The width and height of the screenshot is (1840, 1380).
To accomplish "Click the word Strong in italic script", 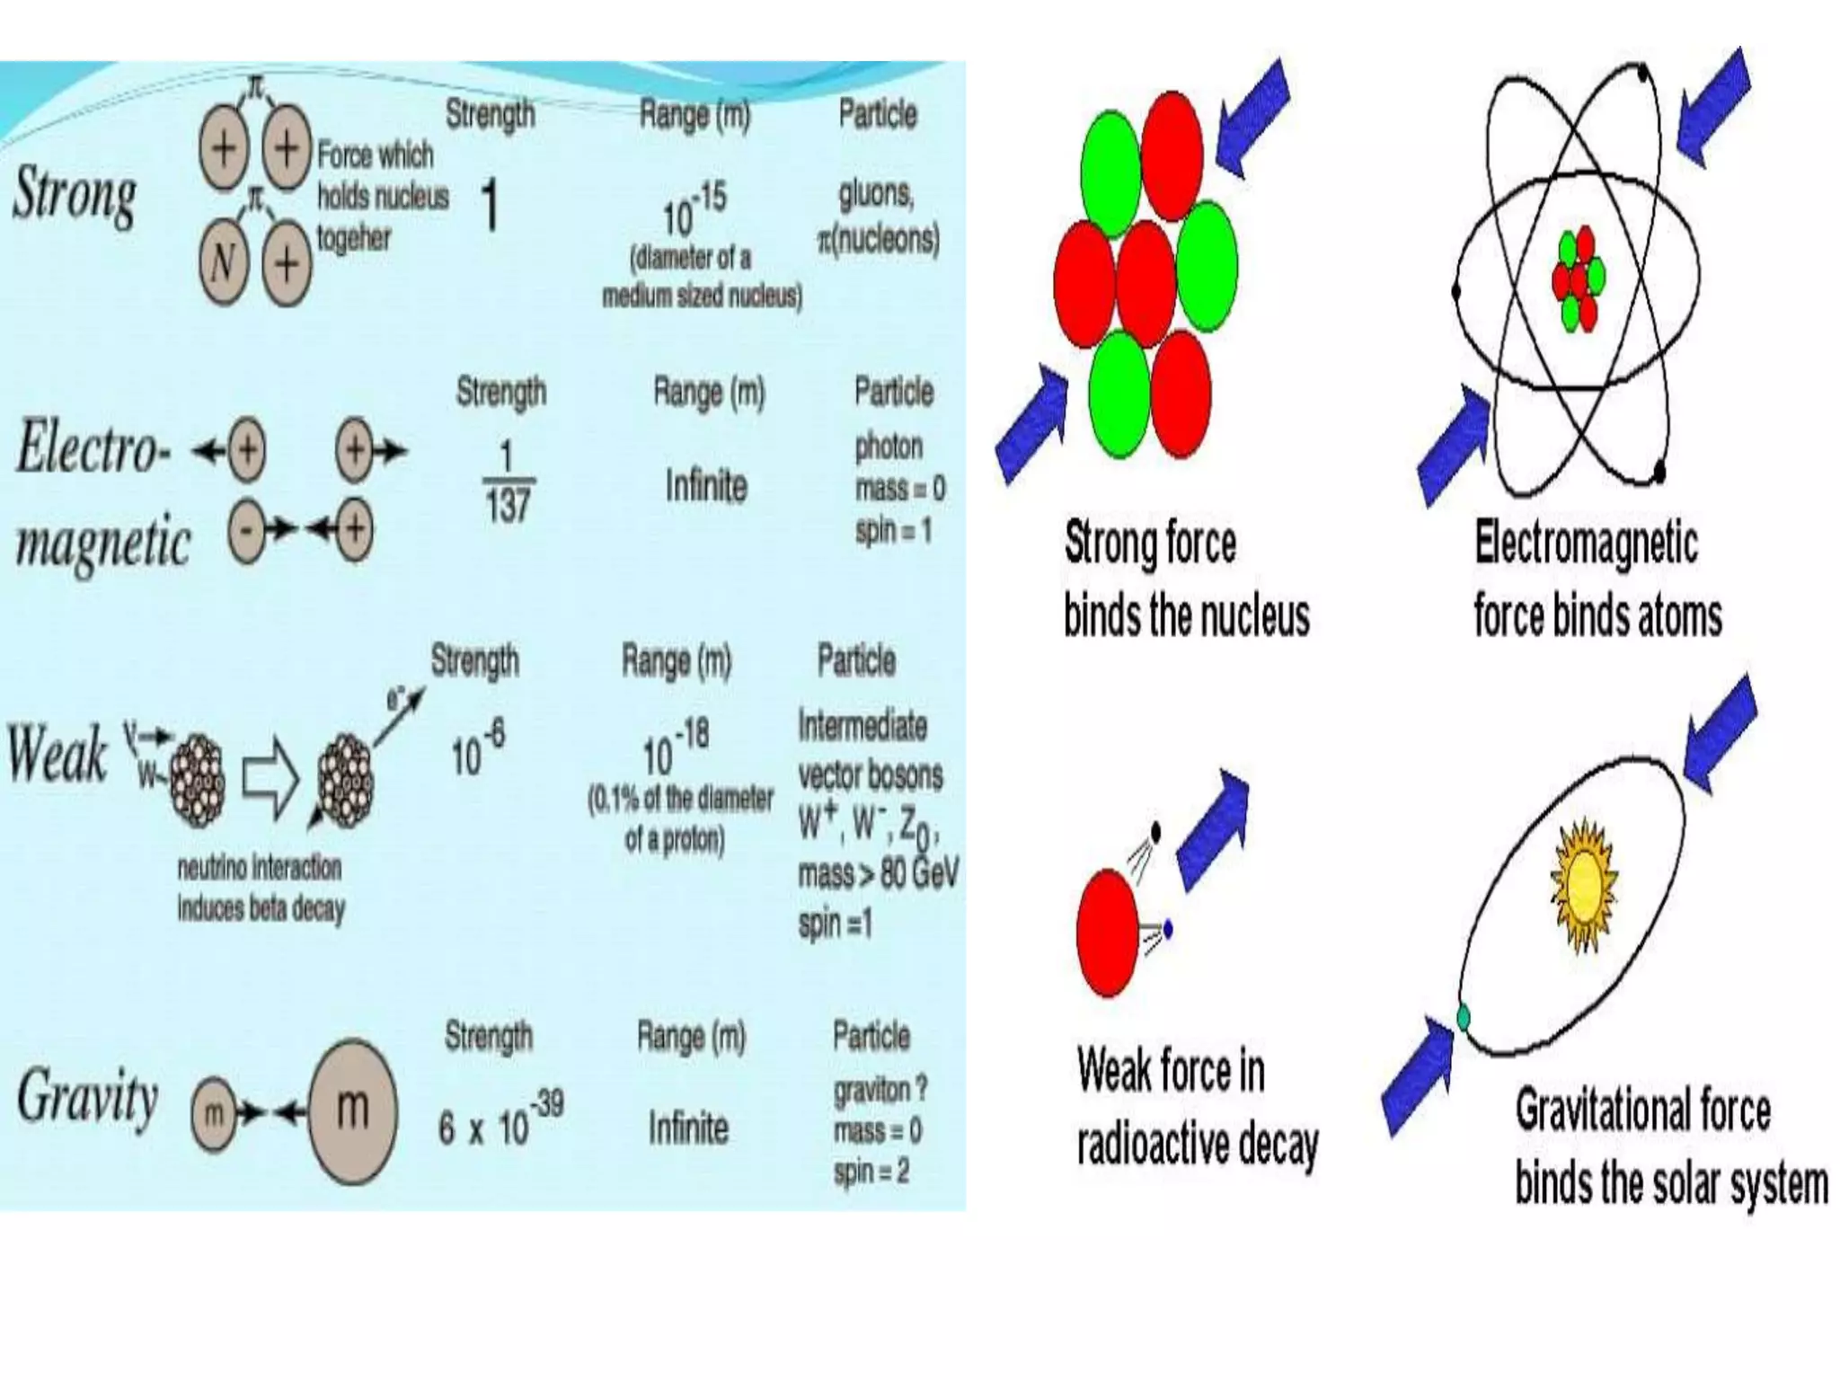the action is tap(75, 195).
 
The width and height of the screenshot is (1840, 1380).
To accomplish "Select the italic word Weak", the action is tap(57, 754).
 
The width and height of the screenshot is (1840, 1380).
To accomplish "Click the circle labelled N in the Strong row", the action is tap(223, 263).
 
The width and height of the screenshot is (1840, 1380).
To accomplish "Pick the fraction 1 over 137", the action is tap(507, 482).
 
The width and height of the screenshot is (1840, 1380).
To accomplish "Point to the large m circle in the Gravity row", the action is tap(352, 1110).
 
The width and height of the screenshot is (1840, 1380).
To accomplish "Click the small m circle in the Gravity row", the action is tap(213, 1114).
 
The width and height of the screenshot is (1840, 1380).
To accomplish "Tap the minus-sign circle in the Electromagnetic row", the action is tap(246, 529).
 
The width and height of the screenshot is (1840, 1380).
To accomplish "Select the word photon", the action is tap(889, 447).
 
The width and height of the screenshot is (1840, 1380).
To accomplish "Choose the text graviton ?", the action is tap(880, 1090).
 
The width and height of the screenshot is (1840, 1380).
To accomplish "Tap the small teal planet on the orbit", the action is tap(1463, 1018).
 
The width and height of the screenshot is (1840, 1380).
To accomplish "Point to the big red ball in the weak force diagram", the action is tap(1108, 933).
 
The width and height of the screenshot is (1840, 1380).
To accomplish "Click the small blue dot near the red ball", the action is tap(1168, 928).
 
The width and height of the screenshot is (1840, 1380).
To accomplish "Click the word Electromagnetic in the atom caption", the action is tap(1586, 544).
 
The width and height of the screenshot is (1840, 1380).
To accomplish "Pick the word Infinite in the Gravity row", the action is tap(688, 1128).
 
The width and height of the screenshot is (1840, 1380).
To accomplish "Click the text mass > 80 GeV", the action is tap(878, 872).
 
